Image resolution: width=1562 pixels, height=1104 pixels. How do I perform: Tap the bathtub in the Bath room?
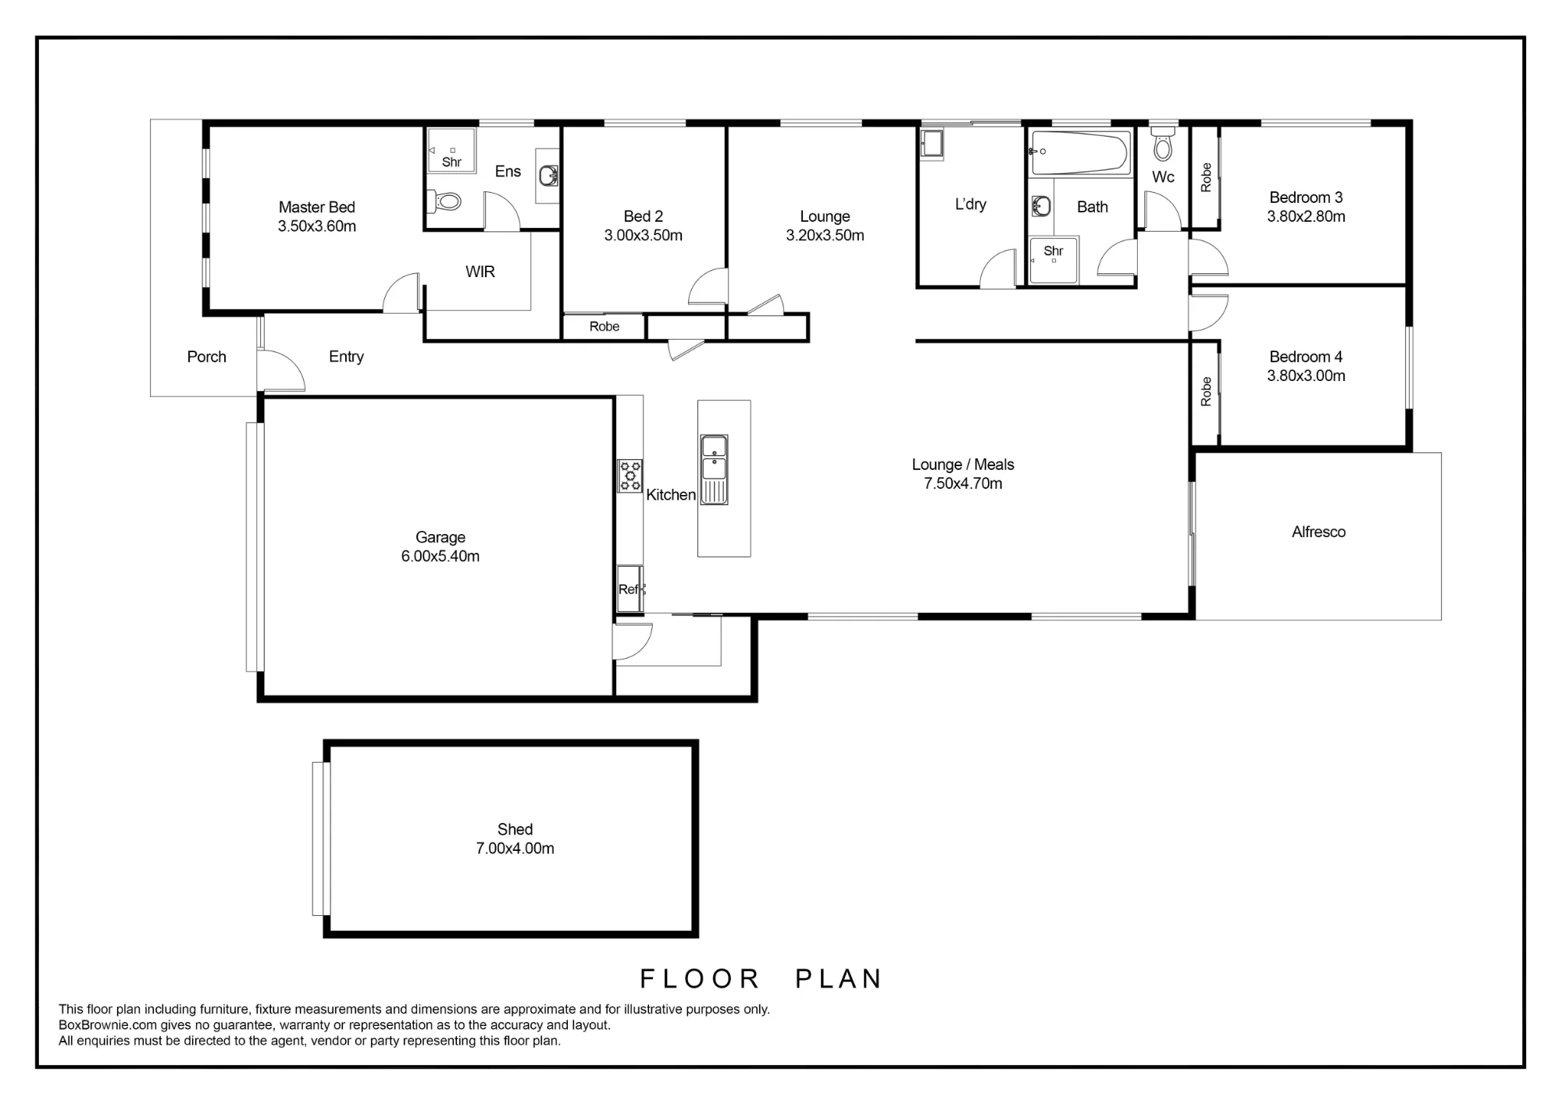point(1080,153)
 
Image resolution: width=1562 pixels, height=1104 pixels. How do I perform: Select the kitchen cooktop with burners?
point(630,475)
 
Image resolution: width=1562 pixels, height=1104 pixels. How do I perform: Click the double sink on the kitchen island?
point(714,469)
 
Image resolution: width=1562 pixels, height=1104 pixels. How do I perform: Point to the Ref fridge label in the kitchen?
point(629,589)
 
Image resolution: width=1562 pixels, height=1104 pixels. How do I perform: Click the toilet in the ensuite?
point(444,201)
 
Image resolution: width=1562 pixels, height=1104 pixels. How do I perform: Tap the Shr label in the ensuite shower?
point(451,162)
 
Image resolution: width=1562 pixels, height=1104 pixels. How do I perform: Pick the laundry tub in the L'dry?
point(932,144)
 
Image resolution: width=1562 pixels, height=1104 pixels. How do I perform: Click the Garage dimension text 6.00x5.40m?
point(440,556)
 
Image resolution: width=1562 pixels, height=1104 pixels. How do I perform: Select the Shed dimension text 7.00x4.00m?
point(515,848)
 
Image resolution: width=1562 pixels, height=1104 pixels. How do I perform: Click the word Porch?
point(207,357)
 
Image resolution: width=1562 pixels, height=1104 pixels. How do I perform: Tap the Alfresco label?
point(1318,532)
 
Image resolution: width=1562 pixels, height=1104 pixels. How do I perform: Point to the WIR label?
point(480,272)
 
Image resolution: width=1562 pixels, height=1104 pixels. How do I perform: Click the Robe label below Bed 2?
point(604,326)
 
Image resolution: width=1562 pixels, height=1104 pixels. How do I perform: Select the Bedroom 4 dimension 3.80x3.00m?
point(1306,376)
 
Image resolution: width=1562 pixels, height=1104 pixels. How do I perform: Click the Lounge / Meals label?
point(963,465)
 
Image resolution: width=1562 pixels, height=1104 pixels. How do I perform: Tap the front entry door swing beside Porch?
point(281,370)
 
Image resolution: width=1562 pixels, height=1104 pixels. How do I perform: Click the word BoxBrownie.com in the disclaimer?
point(108,1025)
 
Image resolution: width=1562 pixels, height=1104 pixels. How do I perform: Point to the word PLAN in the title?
point(839,979)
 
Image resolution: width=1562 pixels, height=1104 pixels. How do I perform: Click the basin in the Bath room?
point(1041,207)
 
